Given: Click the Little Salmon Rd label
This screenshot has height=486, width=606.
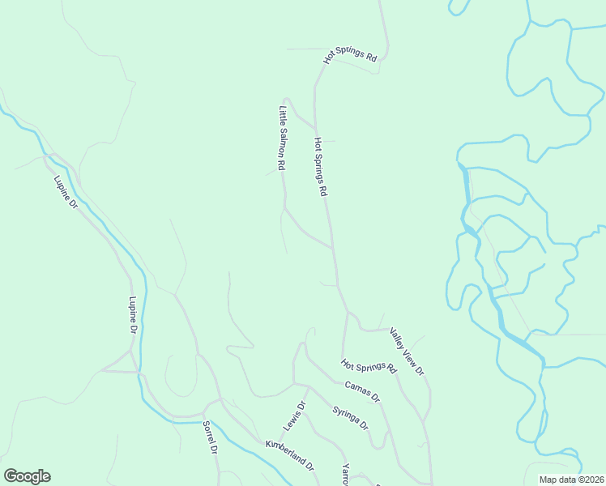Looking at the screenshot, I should (x=283, y=139).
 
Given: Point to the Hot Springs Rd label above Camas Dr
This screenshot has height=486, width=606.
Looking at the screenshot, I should (x=369, y=366).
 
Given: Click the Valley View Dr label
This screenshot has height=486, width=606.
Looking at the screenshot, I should (x=407, y=351).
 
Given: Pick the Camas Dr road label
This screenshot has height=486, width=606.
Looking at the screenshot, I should (x=362, y=391).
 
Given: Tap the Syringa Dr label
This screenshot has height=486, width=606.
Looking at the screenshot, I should (x=351, y=418).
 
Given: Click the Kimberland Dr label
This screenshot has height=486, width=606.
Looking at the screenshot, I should (x=290, y=454).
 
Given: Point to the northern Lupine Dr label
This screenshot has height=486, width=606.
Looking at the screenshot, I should (x=65, y=194).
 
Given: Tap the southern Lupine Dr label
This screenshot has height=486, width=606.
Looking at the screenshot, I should (x=134, y=316).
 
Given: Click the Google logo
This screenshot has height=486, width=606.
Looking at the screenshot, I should (x=27, y=476).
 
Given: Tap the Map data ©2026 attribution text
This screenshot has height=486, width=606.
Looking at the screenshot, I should (x=572, y=480).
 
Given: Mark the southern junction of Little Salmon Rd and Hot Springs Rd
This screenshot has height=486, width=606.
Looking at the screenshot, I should (x=333, y=247).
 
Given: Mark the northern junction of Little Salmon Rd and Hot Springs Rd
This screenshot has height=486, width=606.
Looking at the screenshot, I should (x=315, y=127).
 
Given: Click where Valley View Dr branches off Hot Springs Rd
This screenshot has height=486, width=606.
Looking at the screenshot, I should (x=348, y=312).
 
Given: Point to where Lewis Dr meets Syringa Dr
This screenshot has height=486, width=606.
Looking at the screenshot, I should (x=309, y=386).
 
